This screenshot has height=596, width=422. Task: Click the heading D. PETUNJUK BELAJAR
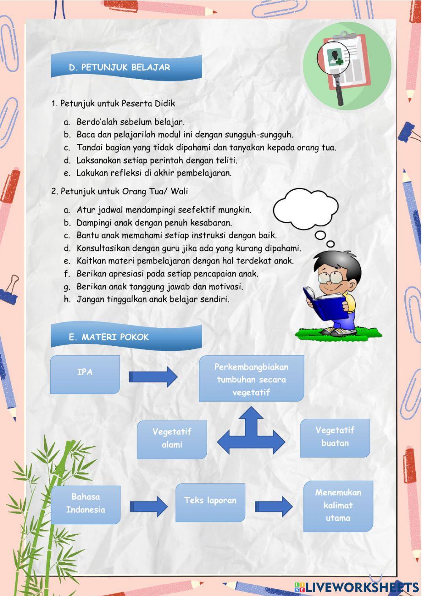coord(119,67)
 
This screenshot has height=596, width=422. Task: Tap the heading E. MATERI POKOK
coord(109,337)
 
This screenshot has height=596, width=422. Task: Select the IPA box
coord(85,374)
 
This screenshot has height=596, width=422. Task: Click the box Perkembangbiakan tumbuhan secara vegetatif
coord(251,379)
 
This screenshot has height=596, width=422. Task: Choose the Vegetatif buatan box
coord(335,437)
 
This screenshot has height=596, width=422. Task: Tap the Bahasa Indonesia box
coord(86,504)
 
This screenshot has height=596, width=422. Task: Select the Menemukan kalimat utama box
coord(338,505)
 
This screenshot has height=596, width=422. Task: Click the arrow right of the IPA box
coord(153,376)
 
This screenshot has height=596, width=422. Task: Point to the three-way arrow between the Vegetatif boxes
coord(251,434)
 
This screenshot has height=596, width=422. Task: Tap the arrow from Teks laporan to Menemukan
coord(273,506)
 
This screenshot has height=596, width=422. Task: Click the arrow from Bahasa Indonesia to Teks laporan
coord(149,506)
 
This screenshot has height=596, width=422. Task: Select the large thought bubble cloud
coord(306,209)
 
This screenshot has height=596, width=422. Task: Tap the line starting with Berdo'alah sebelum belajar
coord(130,122)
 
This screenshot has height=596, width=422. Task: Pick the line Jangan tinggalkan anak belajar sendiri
coord(153,299)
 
